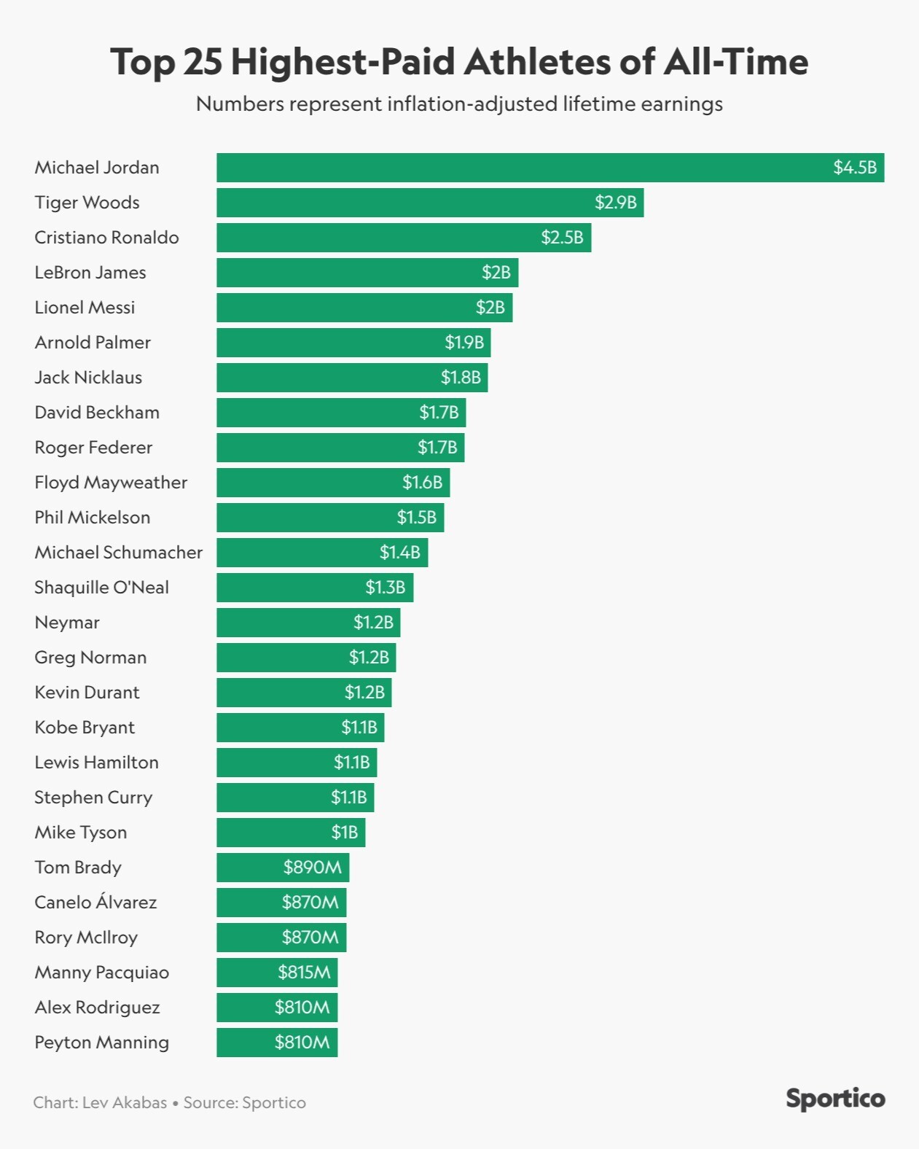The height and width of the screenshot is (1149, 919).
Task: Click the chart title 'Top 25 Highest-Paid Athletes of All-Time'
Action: tap(459, 62)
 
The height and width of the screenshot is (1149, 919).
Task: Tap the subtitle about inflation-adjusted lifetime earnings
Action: tap(459, 104)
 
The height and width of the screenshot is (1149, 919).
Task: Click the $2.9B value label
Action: tap(615, 203)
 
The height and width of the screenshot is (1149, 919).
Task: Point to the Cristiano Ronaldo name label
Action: tap(106, 238)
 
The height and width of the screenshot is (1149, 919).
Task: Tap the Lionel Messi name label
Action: tap(85, 308)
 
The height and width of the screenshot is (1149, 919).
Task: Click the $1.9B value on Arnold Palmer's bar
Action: tap(464, 343)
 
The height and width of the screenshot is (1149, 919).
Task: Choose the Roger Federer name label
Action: tap(93, 448)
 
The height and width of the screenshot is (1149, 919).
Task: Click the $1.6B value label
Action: tap(422, 483)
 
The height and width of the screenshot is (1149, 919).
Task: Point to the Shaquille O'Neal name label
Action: tap(101, 588)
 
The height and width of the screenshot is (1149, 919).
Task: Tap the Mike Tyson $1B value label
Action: tap(344, 833)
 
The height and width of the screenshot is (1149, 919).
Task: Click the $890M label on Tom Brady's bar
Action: tap(312, 868)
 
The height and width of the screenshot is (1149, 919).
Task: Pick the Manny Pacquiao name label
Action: tap(101, 973)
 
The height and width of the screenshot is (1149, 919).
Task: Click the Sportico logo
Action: tap(835, 1099)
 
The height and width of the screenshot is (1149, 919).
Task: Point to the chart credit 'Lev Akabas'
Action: tap(125, 1102)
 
